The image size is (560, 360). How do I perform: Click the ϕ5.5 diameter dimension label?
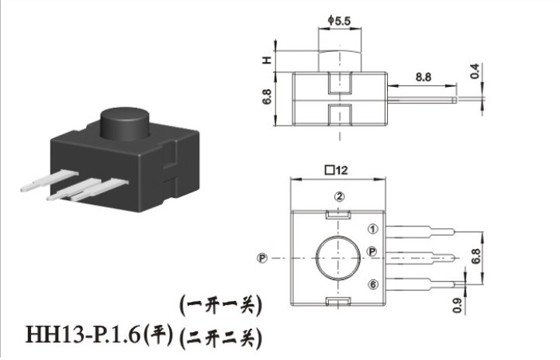(x=339, y=21)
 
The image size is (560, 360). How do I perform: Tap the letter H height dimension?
(x=267, y=60)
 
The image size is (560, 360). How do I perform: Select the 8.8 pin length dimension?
(x=423, y=77)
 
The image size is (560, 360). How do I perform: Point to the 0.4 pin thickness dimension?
(x=474, y=71)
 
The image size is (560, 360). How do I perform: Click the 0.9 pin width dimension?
(x=458, y=306)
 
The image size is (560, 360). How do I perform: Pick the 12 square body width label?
(x=336, y=170)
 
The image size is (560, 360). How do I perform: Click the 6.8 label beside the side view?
(x=267, y=96)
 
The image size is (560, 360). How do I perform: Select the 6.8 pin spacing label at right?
(x=476, y=256)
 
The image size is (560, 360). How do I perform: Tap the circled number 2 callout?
(x=339, y=196)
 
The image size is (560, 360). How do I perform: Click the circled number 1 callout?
(x=373, y=229)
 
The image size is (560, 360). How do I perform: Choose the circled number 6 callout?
(x=373, y=284)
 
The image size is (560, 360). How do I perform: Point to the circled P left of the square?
(x=262, y=258)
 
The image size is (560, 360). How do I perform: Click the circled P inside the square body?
(x=372, y=251)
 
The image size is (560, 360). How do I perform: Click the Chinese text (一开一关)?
(x=220, y=306)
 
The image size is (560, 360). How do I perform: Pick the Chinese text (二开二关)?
(x=220, y=337)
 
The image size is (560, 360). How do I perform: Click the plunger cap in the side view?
(x=339, y=61)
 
